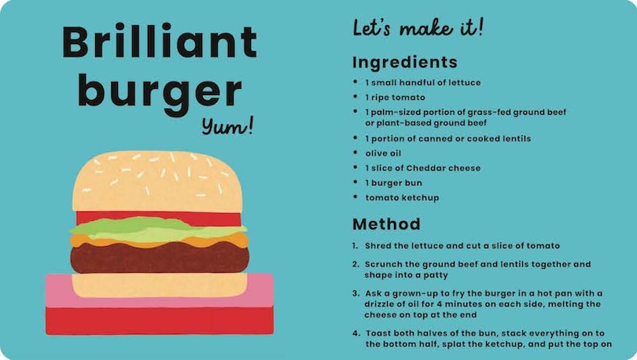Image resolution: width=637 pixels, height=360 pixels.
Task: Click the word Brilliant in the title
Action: point(160,42)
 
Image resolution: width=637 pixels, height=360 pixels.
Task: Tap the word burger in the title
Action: point(159,91)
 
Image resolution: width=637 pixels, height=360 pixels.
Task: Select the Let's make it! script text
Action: point(418,29)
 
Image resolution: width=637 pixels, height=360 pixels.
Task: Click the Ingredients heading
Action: point(404,62)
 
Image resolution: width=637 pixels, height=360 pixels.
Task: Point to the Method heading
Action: point(386,223)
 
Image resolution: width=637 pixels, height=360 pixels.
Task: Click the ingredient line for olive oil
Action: point(383,153)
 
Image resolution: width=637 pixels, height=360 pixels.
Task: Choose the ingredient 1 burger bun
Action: point(393,183)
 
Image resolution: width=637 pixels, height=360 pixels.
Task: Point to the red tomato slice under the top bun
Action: point(157,217)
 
